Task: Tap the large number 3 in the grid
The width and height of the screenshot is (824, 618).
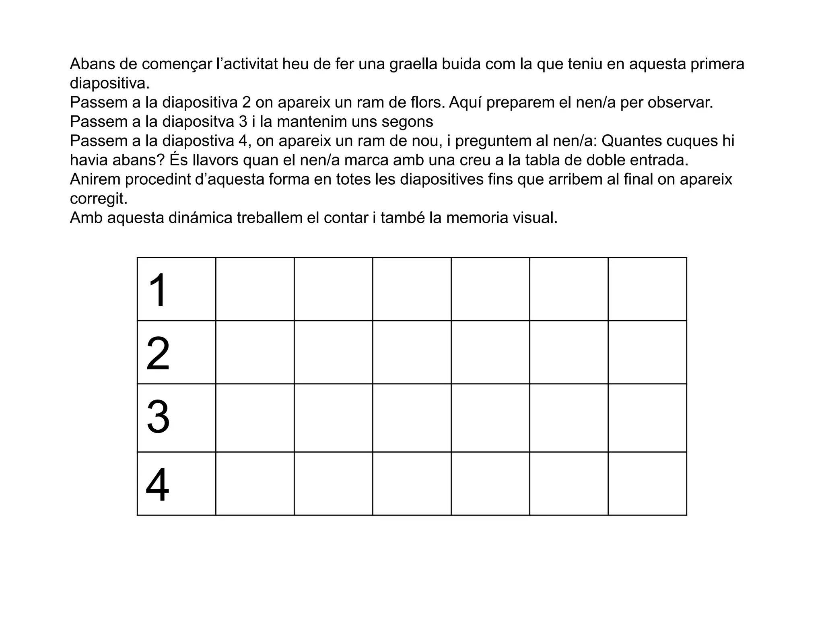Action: tap(158, 418)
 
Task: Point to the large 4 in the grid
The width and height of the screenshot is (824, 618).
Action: tap(158, 485)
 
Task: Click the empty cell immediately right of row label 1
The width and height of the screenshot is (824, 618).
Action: tap(255, 289)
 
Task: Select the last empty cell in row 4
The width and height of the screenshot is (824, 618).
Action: tap(647, 483)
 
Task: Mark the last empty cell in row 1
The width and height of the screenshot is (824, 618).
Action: tap(647, 289)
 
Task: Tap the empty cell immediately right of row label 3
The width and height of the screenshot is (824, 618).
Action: tap(255, 418)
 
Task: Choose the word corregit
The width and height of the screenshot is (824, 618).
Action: tap(98, 199)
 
